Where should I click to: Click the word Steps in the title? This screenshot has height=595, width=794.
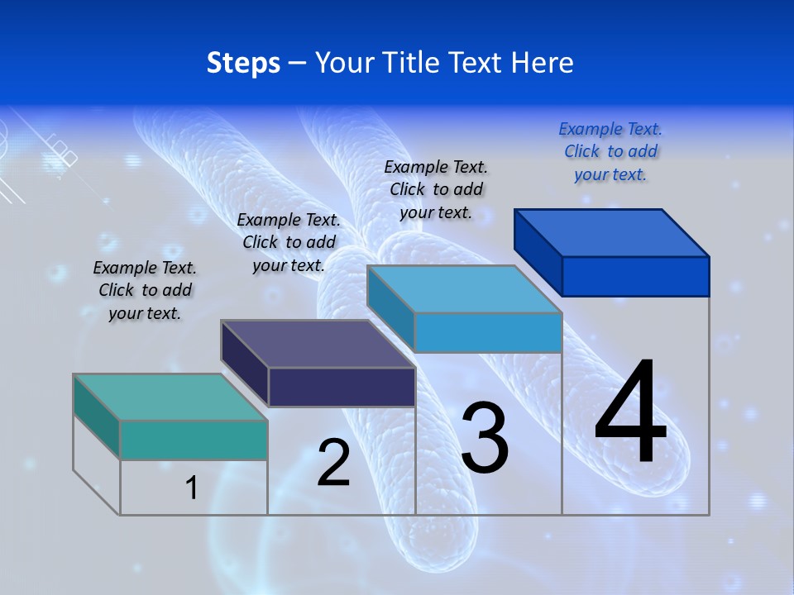click(243, 63)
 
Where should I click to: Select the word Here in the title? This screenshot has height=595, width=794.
click(543, 63)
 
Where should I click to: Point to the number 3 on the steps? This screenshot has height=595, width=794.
click(485, 438)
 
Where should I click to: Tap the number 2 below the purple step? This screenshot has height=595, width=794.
click(333, 463)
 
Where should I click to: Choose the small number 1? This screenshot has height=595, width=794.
click(191, 488)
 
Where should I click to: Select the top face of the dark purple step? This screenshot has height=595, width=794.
click(318, 343)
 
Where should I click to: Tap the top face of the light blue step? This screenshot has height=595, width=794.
click(464, 289)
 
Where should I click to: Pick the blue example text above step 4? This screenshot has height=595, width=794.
click(610, 152)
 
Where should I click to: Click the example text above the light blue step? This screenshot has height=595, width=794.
click(436, 189)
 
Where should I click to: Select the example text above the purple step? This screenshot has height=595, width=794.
click(289, 242)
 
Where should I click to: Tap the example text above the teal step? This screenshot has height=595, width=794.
click(145, 290)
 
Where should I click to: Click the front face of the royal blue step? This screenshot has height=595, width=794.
click(635, 276)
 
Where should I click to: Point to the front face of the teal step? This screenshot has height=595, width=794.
click(194, 440)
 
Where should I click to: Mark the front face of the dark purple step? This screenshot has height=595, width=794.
click(342, 387)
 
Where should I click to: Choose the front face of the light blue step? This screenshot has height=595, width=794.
click(488, 333)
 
